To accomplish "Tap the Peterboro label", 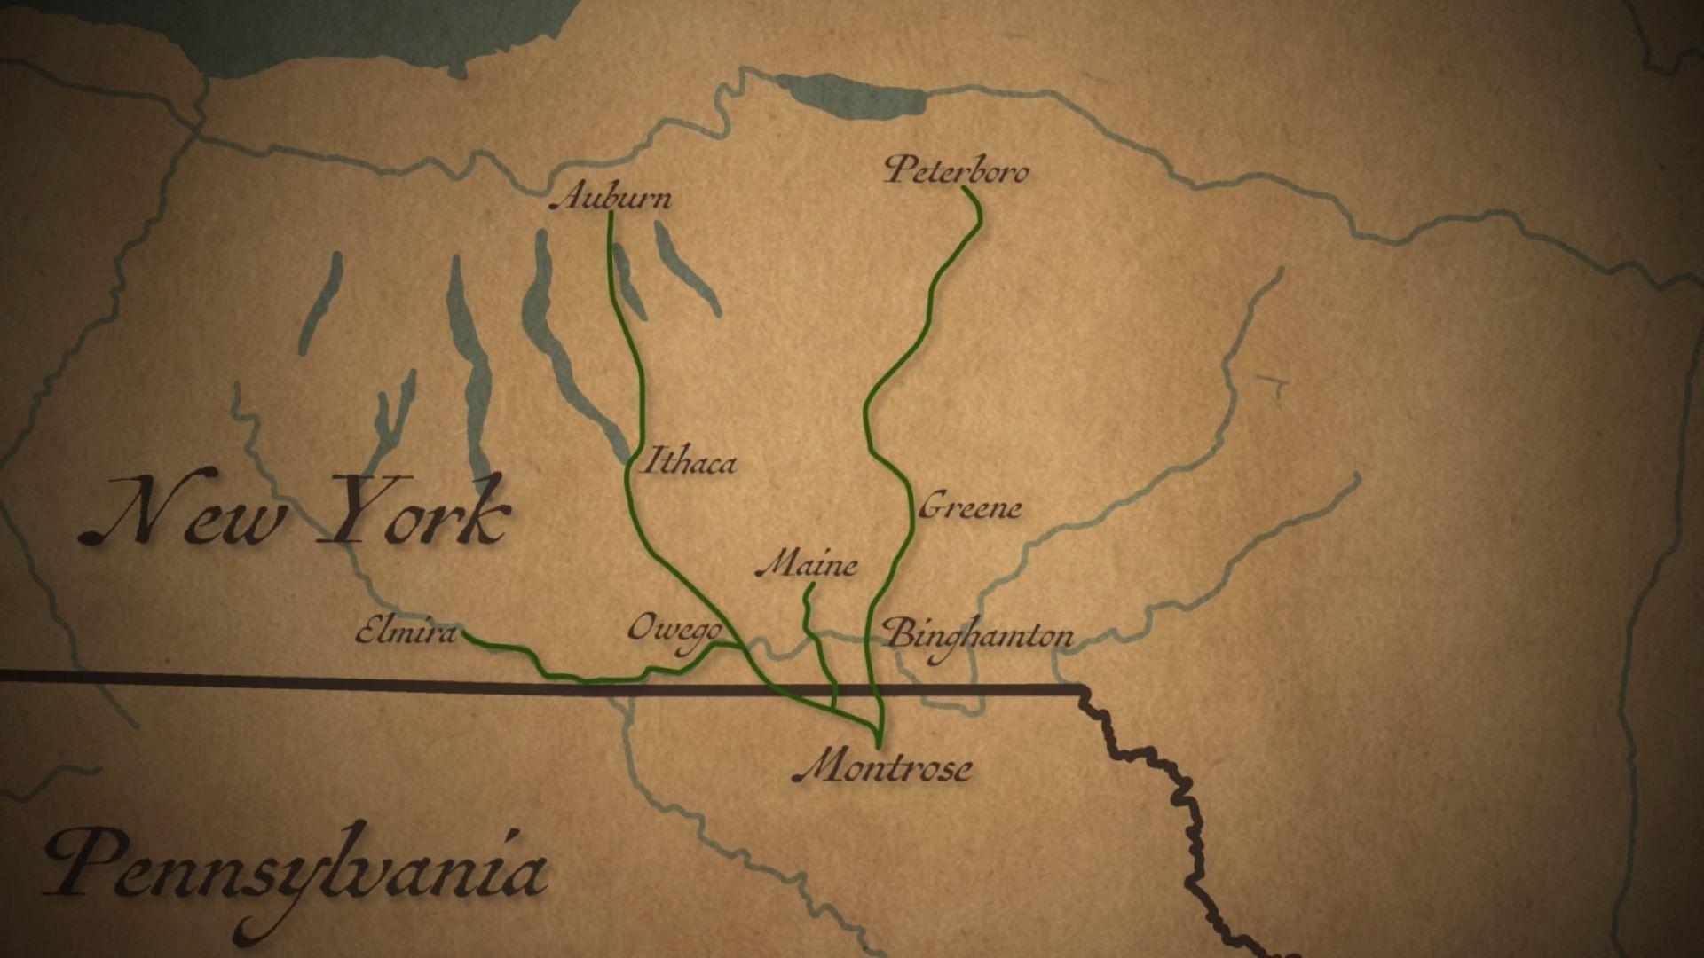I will tap(957, 169).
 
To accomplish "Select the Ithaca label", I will tap(687, 461).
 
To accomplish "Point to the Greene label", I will tap(969, 507).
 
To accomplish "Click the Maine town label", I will tap(807, 565).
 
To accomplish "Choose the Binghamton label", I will tap(980, 635).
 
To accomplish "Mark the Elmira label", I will tap(406, 632).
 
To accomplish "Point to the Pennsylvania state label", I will tap(293, 864).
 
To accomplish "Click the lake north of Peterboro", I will tap(848, 94).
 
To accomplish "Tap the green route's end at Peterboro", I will tap(964, 189).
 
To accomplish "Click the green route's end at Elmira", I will tap(464, 634).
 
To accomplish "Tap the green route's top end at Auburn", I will tap(610, 214).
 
